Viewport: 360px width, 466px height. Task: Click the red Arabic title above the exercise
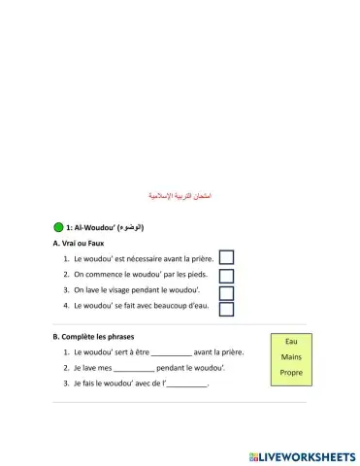pos(180,196)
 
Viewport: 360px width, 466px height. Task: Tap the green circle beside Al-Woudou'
pos(59,227)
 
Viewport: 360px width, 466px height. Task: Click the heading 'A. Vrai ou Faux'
pos(79,243)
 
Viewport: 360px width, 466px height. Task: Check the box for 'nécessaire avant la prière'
pos(226,257)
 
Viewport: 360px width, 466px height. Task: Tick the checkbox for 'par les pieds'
pos(226,275)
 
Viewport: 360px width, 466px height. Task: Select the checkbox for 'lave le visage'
pos(226,292)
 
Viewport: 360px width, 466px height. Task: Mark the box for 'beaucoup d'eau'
pos(226,310)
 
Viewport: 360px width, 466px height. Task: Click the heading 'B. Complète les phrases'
pos(93,336)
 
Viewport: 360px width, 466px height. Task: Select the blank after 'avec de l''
pos(187,384)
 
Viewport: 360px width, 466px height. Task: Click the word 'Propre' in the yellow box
pos(291,373)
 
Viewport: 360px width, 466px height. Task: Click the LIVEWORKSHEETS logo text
pos(303,455)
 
